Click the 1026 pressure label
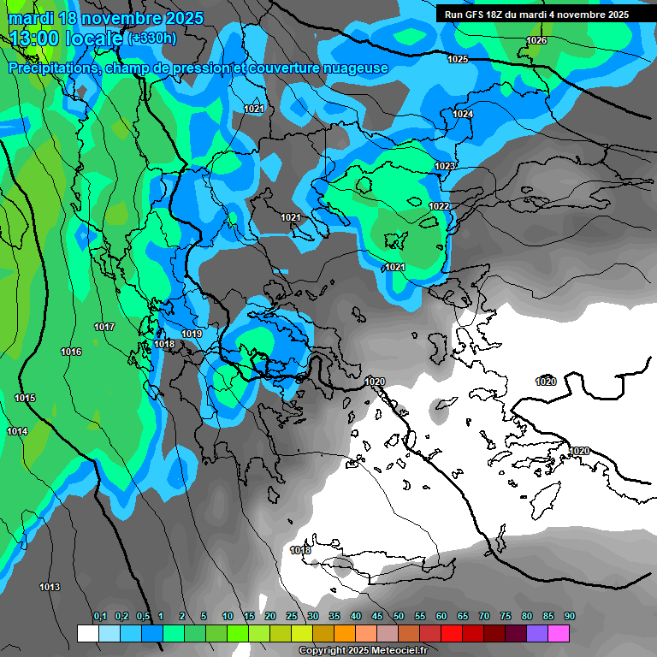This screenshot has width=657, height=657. click(x=536, y=40)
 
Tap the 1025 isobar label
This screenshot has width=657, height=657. click(x=458, y=59)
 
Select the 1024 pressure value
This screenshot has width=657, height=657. click(x=463, y=114)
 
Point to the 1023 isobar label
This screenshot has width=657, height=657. click(x=445, y=166)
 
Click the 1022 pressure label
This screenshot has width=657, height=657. click(x=439, y=206)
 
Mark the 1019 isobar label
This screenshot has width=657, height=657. click(x=192, y=334)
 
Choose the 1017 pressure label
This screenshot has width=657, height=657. click(x=104, y=328)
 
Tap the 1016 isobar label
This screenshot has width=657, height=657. click(x=71, y=352)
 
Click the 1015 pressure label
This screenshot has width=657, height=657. click(x=25, y=399)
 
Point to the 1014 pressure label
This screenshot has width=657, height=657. click(x=17, y=431)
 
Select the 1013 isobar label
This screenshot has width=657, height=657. click(x=50, y=587)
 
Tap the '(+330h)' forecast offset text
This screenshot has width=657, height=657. click(x=152, y=38)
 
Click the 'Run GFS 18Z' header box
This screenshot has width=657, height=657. click(x=536, y=15)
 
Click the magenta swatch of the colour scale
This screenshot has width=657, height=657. click(x=559, y=633)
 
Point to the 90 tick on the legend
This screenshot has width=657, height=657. click(x=570, y=617)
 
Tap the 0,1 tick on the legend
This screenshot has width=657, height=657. click(x=99, y=617)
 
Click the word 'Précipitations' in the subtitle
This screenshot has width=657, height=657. click(x=52, y=68)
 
